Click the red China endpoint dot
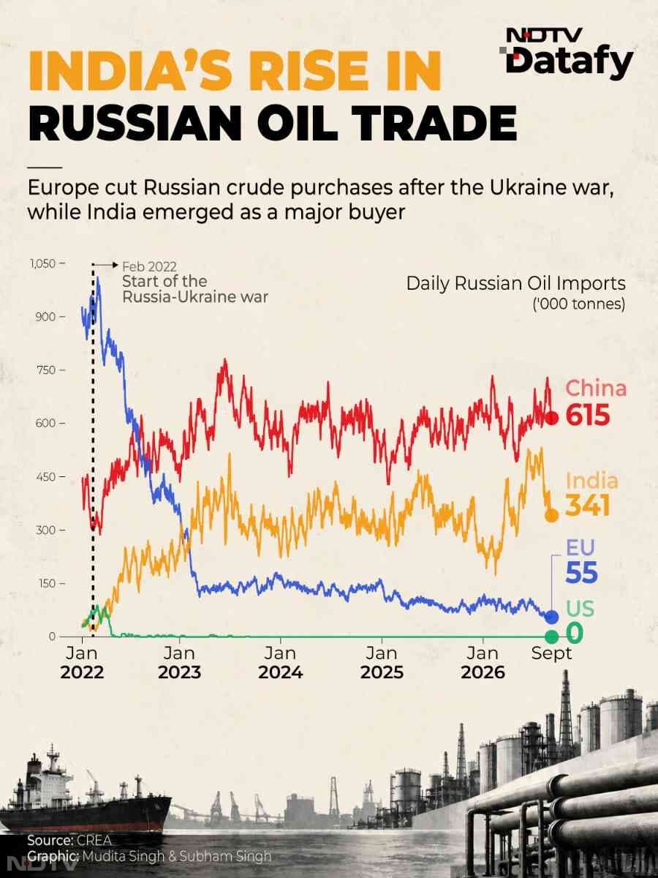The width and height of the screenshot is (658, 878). click(x=552, y=419)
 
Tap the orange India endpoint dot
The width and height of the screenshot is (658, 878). click(x=552, y=515)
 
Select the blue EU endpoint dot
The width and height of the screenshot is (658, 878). click(x=552, y=618)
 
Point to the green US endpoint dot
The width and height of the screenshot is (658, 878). click(x=552, y=637)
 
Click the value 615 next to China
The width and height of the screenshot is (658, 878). click(x=588, y=415)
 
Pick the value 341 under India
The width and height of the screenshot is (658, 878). click(x=588, y=505)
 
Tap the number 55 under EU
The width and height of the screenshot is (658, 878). click(x=582, y=572)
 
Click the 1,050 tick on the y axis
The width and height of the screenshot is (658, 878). click(x=42, y=264)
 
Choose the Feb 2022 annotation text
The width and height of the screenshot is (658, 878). click(x=149, y=266)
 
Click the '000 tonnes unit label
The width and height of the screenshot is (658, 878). click(x=579, y=304)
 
